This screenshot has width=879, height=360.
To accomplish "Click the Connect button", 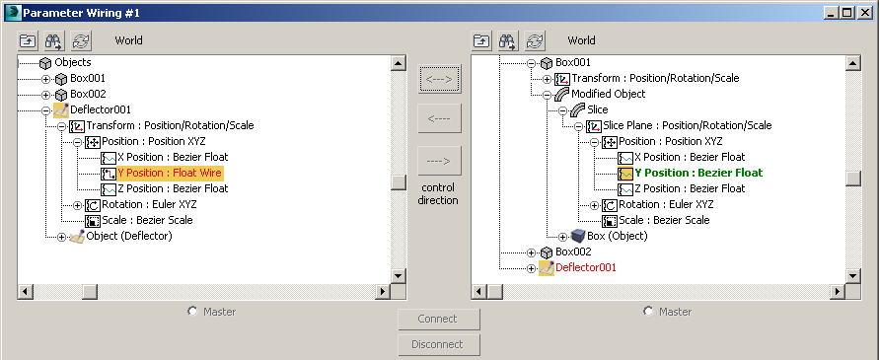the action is click(438, 319).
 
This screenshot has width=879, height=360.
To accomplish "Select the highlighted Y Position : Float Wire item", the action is click(170, 173).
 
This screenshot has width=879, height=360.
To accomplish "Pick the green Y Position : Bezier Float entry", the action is click(697, 173).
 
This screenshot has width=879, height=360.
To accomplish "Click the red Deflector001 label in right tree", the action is click(586, 267).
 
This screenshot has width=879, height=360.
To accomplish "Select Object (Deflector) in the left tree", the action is click(128, 236).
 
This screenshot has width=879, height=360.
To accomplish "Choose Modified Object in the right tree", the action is click(609, 94).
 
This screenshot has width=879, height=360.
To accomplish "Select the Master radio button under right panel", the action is click(647, 312).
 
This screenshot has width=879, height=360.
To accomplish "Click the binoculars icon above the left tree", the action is click(54, 41).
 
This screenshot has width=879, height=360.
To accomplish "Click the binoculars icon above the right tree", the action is click(508, 41).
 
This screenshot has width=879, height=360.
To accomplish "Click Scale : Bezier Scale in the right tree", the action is click(663, 220).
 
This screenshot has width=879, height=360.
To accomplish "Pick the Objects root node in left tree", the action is click(73, 62).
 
